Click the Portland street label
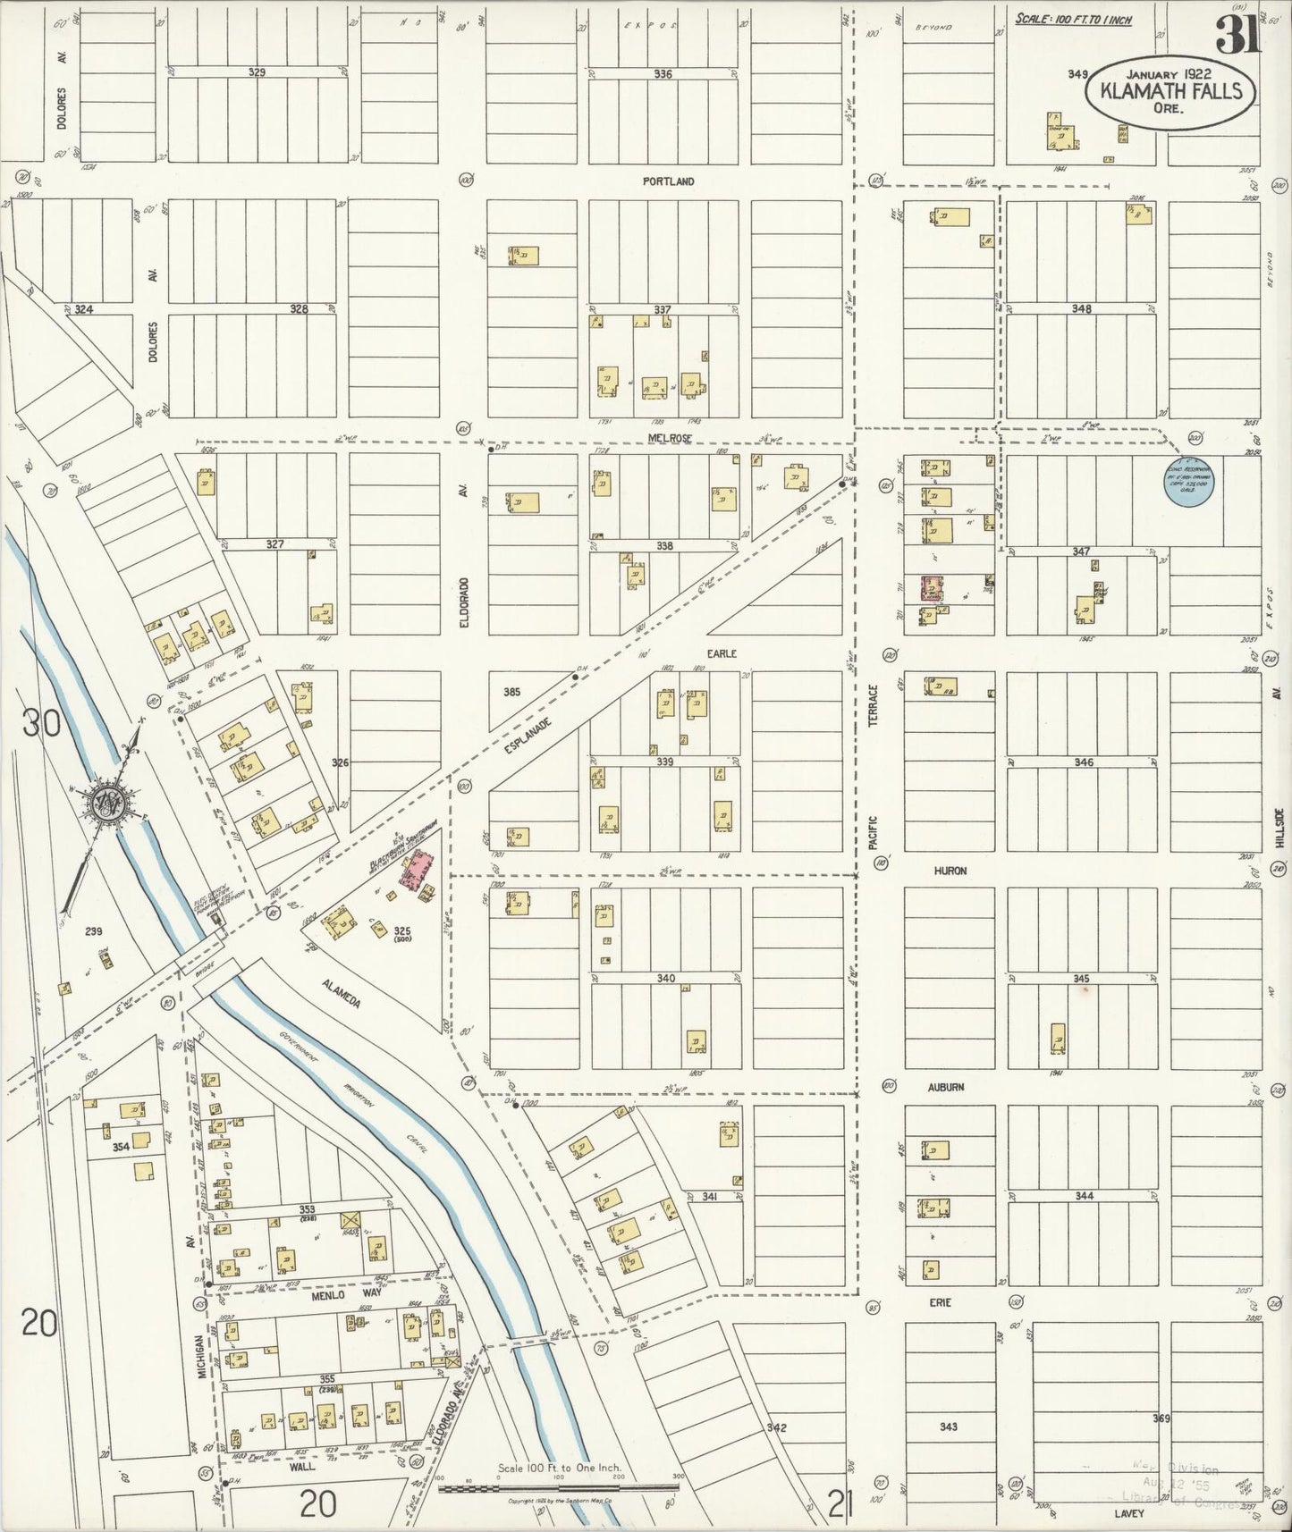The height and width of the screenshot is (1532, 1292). pyautogui.click(x=668, y=181)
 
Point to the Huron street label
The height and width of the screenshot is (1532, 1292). pyautogui.click(x=950, y=871)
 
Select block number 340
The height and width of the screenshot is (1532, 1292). pyautogui.click(x=665, y=979)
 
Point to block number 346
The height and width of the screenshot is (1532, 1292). pyautogui.click(x=1083, y=762)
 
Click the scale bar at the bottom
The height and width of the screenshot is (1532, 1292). pyautogui.click(x=559, y=1486)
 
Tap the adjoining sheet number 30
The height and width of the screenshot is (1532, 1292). pyautogui.click(x=42, y=722)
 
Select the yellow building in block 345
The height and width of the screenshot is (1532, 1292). pyautogui.click(x=1058, y=1038)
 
